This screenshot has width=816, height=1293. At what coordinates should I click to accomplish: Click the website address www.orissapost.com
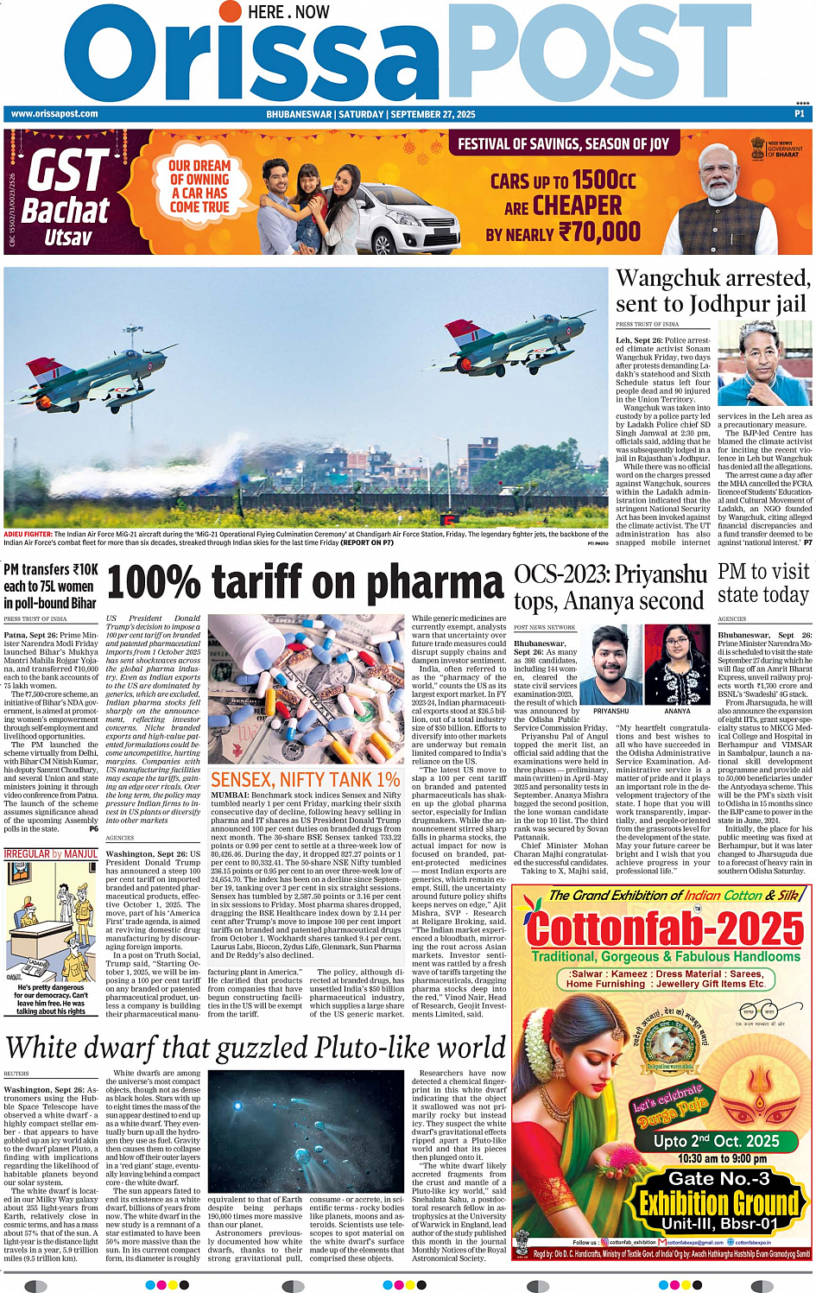[x=54, y=114]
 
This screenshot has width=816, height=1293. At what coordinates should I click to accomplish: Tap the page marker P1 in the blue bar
[x=800, y=114]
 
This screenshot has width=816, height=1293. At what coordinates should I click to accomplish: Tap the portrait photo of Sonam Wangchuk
[x=764, y=364]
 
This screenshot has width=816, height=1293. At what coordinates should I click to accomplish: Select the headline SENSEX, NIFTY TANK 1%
[x=306, y=780]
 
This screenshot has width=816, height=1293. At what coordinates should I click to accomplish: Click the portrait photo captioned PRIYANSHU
[x=610, y=663]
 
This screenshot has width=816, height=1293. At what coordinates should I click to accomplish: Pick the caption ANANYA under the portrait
[x=677, y=711]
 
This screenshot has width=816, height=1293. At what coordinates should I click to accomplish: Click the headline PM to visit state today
[x=763, y=583]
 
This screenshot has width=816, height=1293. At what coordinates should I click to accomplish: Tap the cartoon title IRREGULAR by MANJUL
[x=51, y=854]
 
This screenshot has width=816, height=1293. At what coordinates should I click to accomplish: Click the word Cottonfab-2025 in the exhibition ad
[x=665, y=929]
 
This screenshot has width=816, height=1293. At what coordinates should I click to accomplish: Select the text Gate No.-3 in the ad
[x=718, y=1178]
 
